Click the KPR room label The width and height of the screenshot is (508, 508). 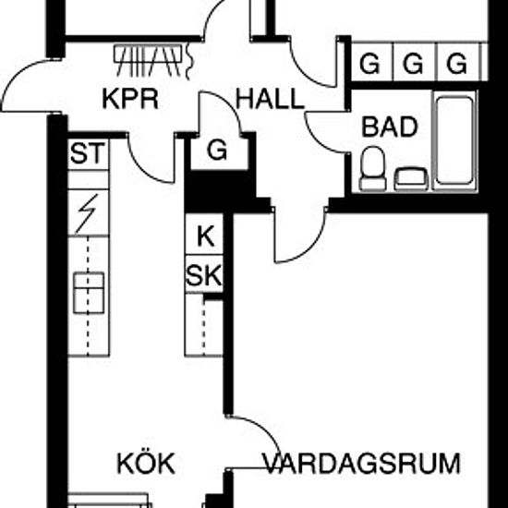tap(130, 99)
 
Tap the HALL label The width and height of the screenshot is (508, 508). tap(270, 99)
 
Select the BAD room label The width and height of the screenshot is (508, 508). tap(390, 127)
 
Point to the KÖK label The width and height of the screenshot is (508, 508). tap(146, 463)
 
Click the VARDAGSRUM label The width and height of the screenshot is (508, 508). tap(361, 464)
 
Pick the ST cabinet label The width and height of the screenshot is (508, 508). tap(88, 153)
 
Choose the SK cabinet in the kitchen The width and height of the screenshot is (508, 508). tap(204, 274)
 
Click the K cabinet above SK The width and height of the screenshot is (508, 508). tap(205, 236)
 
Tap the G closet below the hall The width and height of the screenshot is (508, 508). tap(217, 151)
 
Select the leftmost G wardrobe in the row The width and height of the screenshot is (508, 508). tap(369, 64)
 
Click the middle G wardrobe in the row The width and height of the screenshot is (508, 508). tap(413, 64)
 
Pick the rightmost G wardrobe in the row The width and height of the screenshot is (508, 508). tap(457, 64)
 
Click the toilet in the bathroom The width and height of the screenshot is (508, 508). tap(372, 168)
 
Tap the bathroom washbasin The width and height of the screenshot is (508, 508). tap(411, 178)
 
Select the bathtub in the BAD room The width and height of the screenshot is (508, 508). tap(454, 141)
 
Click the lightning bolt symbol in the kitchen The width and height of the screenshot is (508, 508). tap(88, 213)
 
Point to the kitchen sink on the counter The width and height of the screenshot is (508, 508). tap(89, 293)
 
